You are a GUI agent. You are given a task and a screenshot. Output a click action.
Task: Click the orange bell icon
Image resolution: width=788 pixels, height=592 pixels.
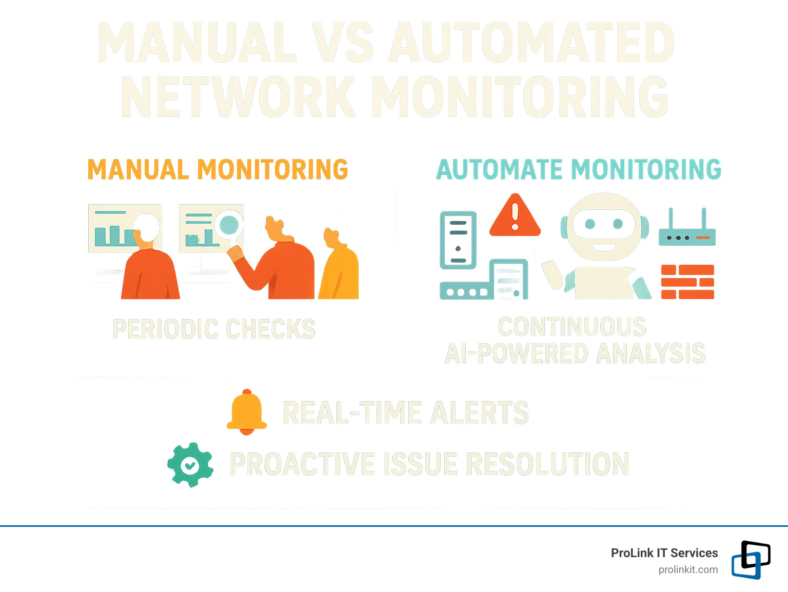coord(247,411)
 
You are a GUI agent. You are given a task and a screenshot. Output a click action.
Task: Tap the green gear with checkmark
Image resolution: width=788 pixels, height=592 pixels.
coord(190,465)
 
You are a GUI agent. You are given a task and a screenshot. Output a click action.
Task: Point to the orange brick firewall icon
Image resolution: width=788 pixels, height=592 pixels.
coord(687,282)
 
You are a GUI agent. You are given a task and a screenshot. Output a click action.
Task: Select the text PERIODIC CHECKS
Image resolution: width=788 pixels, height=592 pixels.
coord(214,329)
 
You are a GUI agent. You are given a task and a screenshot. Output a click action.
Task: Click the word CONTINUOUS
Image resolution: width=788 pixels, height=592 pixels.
coord(573,327)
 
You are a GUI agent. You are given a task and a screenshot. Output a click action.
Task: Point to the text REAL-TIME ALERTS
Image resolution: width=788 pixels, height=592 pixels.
coord(405,413)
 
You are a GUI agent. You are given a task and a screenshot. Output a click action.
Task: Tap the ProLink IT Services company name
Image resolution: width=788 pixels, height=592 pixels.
coord(664,553)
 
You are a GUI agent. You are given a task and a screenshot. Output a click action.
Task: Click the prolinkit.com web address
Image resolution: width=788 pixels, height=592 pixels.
coord(688,569)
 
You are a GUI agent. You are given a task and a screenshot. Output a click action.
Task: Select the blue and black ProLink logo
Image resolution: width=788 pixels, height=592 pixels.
coord(751,560)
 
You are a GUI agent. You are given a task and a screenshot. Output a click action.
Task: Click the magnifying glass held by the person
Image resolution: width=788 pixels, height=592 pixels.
coord(229,225)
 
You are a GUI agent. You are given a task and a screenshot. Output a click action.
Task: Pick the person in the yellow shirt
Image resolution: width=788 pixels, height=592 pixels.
coord(339,267)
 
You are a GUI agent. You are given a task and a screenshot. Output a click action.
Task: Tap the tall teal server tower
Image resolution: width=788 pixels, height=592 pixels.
coord(458,240)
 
